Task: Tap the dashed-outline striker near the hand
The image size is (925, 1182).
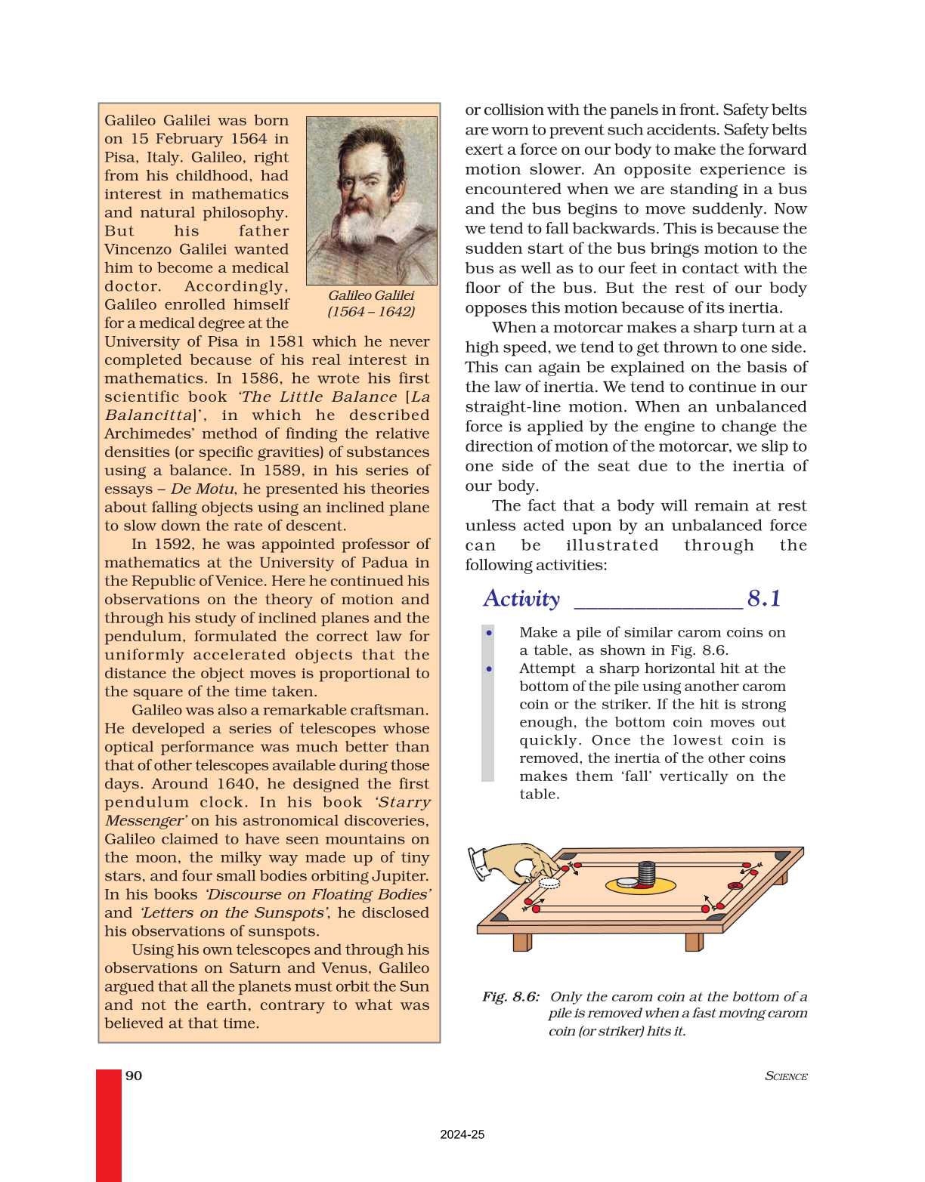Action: tap(549, 882)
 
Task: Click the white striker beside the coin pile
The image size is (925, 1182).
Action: tap(627, 881)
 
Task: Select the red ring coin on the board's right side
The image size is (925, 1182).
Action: tap(734, 886)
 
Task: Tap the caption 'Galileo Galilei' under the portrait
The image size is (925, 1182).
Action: tap(370, 295)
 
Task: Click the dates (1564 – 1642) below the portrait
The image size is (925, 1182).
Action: tap(370, 312)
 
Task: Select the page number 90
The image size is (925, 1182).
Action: tap(134, 1076)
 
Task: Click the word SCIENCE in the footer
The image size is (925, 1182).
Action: tap(786, 1076)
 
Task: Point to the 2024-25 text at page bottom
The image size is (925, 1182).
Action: tap(462, 1134)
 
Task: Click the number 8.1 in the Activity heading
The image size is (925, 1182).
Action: tap(763, 599)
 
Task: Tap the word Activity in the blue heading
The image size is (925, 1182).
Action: tap(521, 599)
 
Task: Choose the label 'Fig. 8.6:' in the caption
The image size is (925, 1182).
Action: tap(511, 997)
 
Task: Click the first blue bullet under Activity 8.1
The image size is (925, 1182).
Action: tap(490, 633)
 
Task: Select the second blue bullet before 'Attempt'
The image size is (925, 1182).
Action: tap(490, 669)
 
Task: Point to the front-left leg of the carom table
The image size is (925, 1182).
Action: tap(522, 942)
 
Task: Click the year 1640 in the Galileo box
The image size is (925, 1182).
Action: tap(236, 784)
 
